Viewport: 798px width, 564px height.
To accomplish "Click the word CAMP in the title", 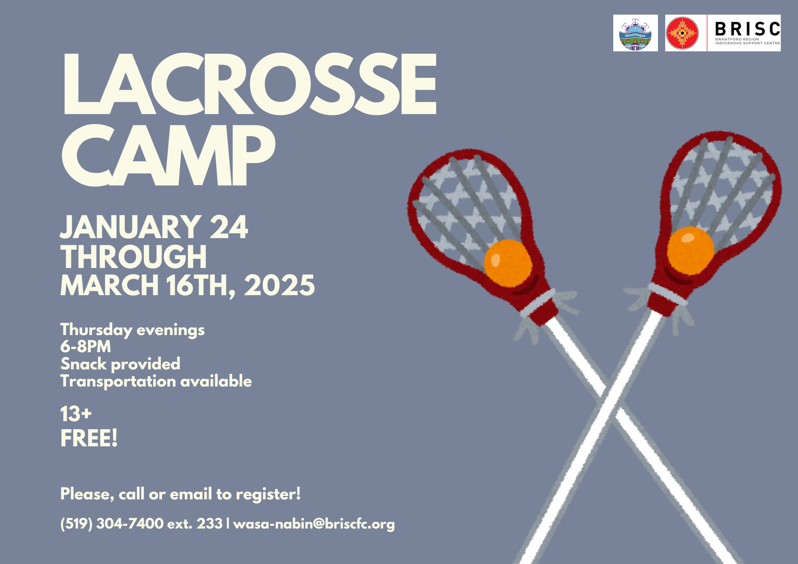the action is pyautogui.click(x=168, y=155).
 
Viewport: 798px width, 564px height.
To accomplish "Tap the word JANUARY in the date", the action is pyautogui.click(x=131, y=227).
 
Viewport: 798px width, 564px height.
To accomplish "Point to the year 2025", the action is pyautogui.click(x=279, y=285).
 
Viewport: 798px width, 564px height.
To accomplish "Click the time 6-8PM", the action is pyautogui.click(x=85, y=347).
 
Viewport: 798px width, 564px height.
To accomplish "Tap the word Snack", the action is pyautogui.click(x=83, y=364).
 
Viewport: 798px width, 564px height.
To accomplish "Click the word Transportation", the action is pyautogui.click(x=118, y=381).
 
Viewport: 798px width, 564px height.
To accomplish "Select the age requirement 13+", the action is pyautogui.click(x=76, y=414).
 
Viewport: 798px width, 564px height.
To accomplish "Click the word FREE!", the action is pyautogui.click(x=89, y=438).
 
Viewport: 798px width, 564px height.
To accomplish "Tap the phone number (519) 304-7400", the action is pyautogui.click(x=112, y=523).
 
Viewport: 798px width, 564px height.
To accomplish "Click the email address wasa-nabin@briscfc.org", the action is pyautogui.click(x=314, y=524).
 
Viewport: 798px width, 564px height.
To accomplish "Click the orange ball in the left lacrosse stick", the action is pyautogui.click(x=508, y=263).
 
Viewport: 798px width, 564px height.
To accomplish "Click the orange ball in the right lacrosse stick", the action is pyautogui.click(x=691, y=250).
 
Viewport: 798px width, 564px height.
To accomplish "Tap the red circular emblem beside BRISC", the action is pyautogui.click(x=682, y=33).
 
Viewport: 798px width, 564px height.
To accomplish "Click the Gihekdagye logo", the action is pyautogui.click(x=635, y=34).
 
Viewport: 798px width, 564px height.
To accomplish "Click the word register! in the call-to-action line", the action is pyautogui.click(x=268, y=495).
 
